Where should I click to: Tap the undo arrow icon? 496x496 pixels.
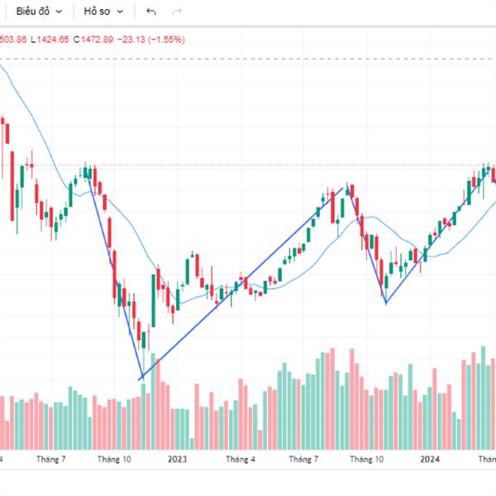150,12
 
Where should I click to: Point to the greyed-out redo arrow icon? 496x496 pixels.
176,12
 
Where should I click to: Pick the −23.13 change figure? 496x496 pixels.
131,39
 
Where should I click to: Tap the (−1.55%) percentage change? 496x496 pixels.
166,39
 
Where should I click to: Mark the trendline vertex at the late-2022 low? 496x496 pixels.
141,379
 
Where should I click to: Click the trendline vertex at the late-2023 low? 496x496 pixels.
385,303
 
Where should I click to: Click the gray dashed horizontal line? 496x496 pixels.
248,59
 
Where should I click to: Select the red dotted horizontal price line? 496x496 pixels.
248,165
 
